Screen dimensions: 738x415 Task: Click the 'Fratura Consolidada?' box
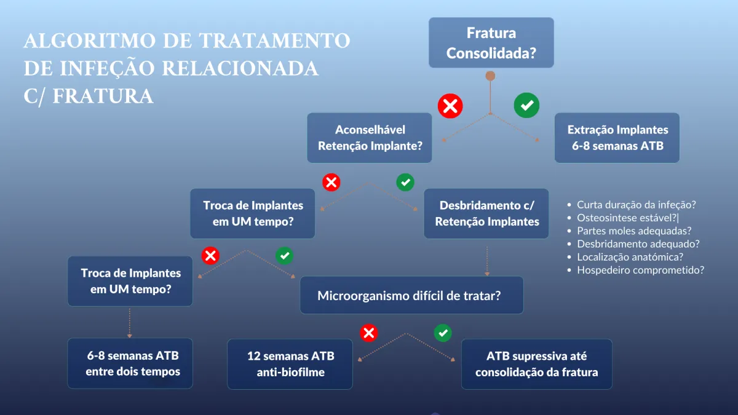[x=491, y=42]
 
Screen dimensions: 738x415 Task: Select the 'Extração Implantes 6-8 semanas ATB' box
[x=617, y=138]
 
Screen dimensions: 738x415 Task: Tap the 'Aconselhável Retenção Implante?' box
[x=370, y=138]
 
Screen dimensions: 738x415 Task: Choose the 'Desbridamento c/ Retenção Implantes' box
[x=486, y=213]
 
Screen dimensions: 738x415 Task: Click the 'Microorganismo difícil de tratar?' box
[x=411, y=295]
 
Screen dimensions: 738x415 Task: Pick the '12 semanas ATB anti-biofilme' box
[x=290, y=364]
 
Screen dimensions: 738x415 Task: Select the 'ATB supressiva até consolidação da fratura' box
[x=537, y=364]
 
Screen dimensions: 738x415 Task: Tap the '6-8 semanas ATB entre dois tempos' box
[x=130, y=363]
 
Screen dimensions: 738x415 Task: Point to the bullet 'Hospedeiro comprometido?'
[x=636, y=270]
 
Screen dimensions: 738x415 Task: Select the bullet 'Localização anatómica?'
[x=625, y=257]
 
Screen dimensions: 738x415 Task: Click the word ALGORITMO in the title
[x=90, y=41]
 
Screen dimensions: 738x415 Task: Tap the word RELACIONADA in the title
[x=240, y=68]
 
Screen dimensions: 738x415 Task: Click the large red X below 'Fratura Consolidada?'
[x=450, y=106]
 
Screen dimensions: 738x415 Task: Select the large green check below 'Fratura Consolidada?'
[x=526, y=105]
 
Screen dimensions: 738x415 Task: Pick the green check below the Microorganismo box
[x=443, y=333]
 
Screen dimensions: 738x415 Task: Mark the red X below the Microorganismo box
[x=368, y=333]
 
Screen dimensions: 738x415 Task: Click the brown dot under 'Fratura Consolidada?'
[x=490, y=76]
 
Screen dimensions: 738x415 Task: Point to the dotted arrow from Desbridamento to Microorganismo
[x=487, y=261]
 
